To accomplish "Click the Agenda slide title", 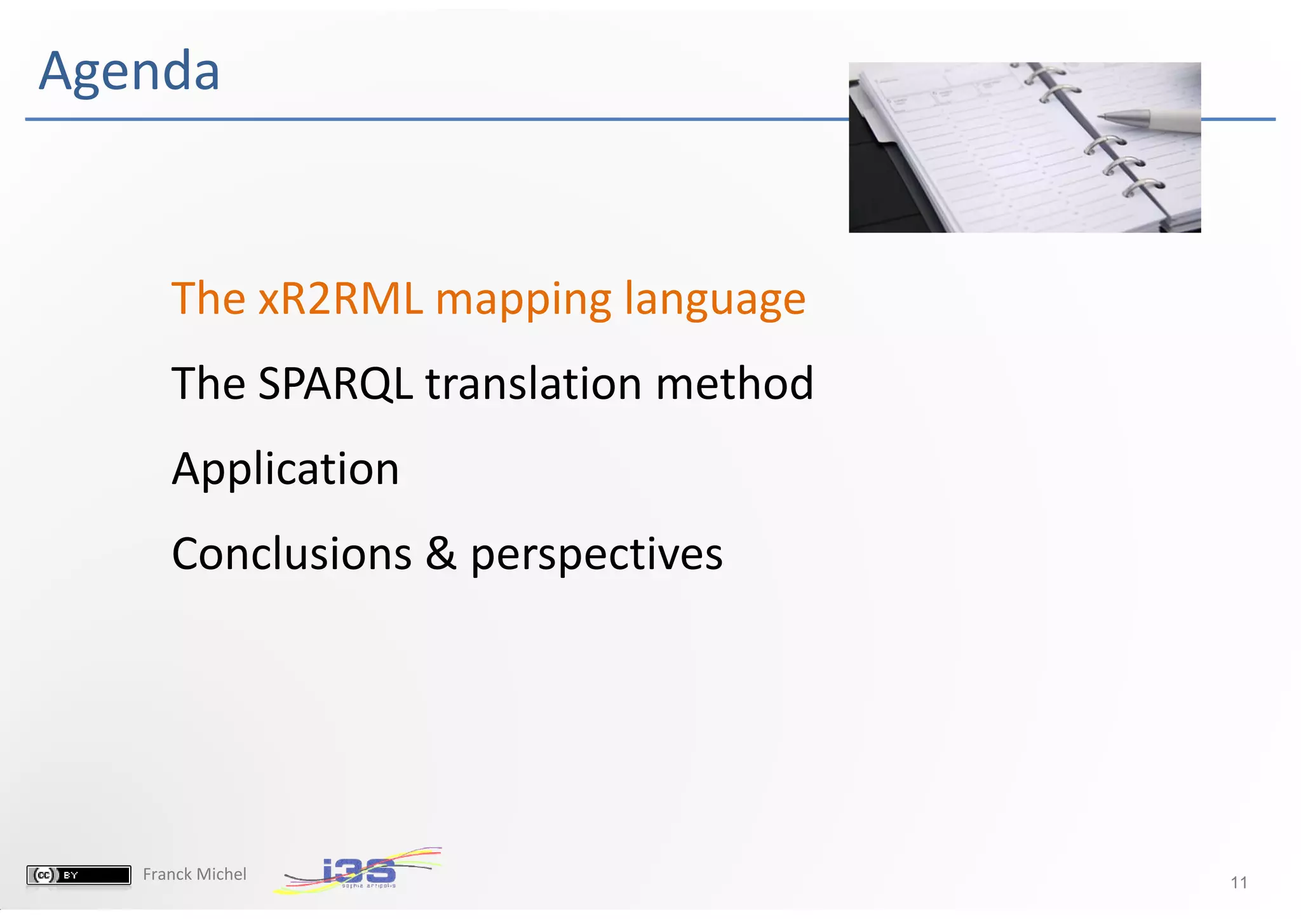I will [x=129, y=71].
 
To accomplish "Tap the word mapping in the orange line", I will [x=523, y=300].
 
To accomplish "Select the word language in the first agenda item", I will [x=714, y=300].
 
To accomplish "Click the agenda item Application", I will [x=285, y=470].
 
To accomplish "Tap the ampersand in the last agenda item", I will [x=440, y=554].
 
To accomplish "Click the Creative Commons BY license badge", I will [x=79, y=875].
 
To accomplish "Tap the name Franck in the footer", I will [x=167, y=875].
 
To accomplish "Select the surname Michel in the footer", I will [x=222, y=875].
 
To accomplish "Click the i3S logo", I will [x=359, y=871].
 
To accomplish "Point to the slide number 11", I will [x=1238, y=882].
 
